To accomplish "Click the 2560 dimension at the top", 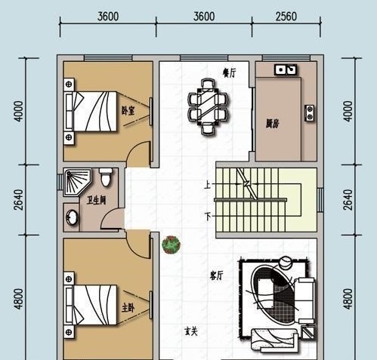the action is [286, 17].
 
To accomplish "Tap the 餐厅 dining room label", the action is [230, 73].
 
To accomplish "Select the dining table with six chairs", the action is [208, 106].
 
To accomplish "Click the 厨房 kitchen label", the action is [273, 124].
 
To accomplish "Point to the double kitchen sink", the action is [286, 69].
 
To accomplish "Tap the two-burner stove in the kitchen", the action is [310, 113].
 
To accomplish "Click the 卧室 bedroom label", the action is [128, 110].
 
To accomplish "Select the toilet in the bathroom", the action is [106, 177].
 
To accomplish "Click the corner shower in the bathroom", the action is [76, 182].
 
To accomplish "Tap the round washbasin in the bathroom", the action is [72, 217].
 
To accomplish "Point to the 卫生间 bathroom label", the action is [96, 201].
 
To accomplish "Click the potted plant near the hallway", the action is [172, 245].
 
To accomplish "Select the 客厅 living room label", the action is [217, 275].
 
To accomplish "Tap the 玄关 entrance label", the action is [191, 331].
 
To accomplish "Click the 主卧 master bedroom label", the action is [128, 308].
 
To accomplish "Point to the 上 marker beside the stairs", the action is [207, 185].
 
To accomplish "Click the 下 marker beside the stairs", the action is [208, 216].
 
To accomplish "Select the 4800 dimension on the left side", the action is [19, 299].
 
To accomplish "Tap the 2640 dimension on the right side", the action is [348, 200].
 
